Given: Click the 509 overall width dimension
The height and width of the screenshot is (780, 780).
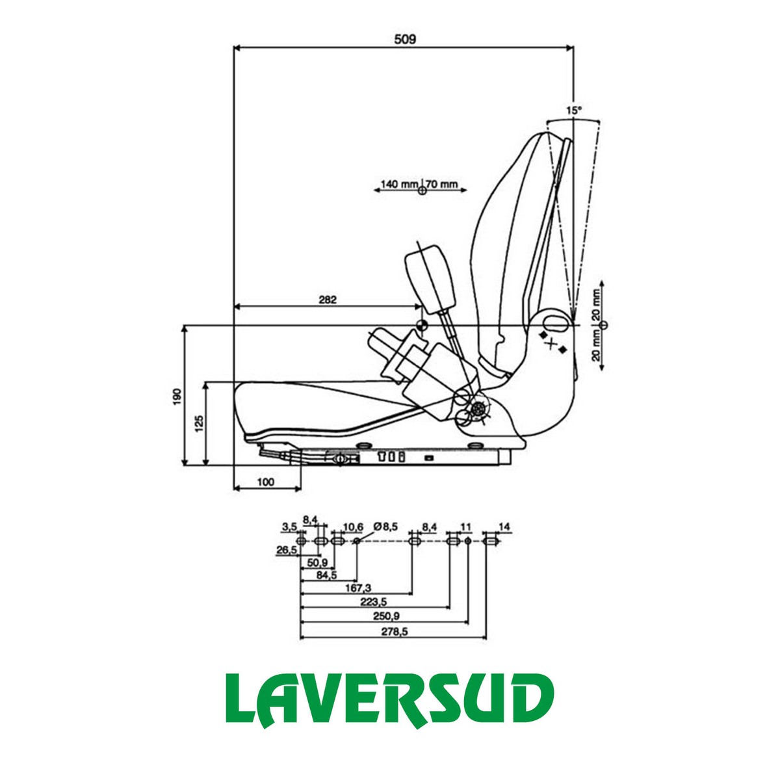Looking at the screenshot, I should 404,39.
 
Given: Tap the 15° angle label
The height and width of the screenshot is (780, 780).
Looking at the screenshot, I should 573,111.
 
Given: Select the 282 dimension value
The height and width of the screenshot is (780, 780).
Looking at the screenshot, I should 328,300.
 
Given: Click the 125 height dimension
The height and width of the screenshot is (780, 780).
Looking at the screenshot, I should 200,424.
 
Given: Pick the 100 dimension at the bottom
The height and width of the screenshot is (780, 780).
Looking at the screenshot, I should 266,482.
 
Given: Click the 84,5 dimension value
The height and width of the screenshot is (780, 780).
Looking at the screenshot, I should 325,575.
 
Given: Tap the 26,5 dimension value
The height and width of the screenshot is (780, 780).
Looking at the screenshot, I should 286,550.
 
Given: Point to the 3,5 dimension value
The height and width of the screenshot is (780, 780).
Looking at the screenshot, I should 289,526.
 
